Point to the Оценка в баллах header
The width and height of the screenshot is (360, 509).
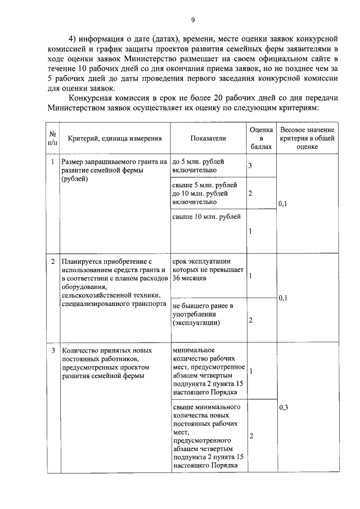coord(261,138)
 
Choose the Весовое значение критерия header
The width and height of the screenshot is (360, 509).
coord(307,138)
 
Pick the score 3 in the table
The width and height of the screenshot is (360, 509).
coord(250,166)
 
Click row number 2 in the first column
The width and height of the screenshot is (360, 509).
coord(53,262)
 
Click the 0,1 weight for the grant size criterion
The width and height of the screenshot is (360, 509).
coord(283,204)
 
